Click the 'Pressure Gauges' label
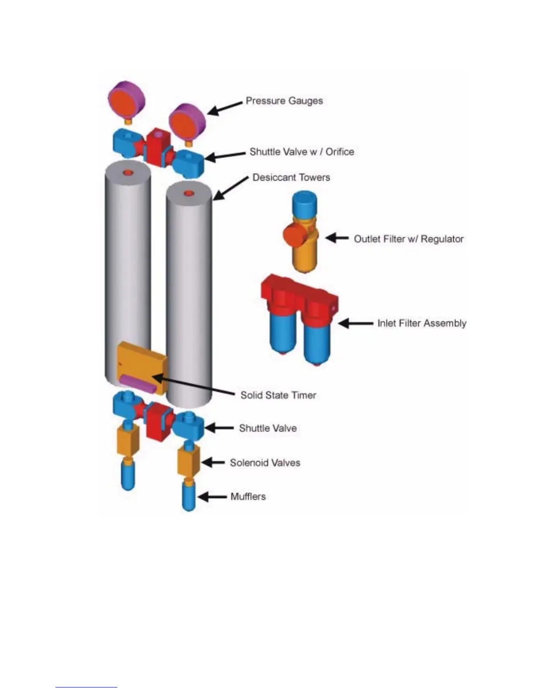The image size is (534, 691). pos(284,101)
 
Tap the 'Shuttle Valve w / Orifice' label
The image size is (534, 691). pos(301,152)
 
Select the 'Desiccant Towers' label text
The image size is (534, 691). pos(291,178)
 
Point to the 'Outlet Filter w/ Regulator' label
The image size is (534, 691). pos(408,239)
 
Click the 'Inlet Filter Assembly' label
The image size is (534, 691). pos(421,323)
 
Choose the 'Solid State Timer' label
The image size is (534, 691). pos(278,395)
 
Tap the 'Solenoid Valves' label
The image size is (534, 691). pos(265,463)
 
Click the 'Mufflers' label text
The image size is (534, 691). pos(248,496)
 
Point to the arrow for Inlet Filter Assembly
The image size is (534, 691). pos(355,323)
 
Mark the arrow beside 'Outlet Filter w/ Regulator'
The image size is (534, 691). pos(337,238)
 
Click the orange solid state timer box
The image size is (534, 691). pos(140,360)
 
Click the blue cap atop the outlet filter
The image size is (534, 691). pos(305,203)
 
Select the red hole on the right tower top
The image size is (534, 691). pos(188,193)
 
